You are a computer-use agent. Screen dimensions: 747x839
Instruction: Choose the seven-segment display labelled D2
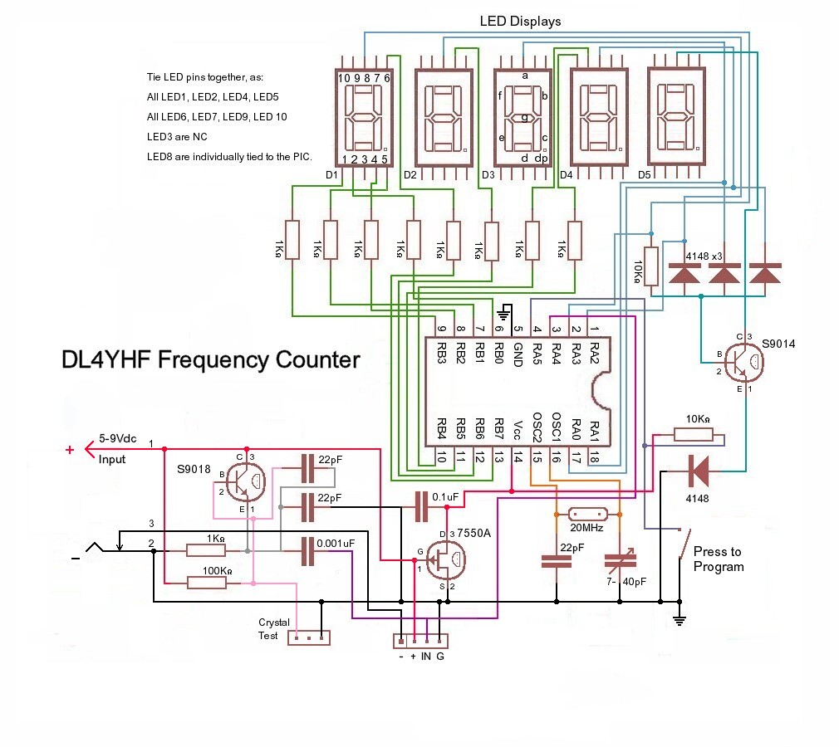[x=444, y=115]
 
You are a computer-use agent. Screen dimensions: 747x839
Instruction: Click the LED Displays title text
[x=520, y=22]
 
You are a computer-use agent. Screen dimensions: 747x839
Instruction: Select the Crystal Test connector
[x=308, y=637]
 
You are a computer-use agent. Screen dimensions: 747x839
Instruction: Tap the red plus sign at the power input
[x=70, y=451]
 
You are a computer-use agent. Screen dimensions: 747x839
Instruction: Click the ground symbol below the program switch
[x=680, y=618]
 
